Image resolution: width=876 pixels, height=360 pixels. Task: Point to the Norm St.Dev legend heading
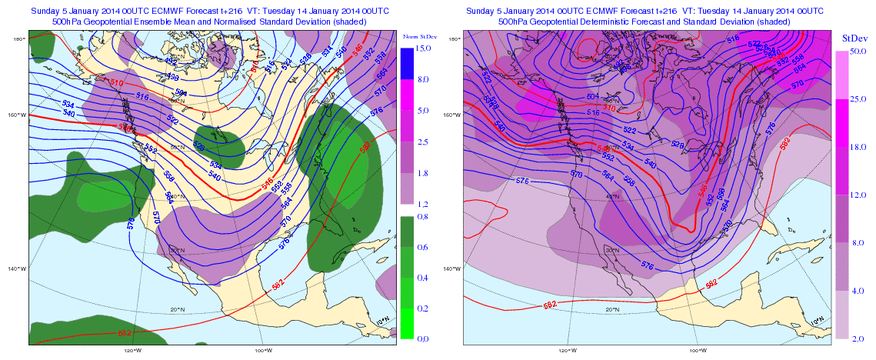pos(418,35)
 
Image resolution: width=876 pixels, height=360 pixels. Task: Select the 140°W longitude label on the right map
pos(451,268)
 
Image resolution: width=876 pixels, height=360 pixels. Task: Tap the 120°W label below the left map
pos(132,351)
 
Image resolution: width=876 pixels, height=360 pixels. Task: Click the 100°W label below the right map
pos(698,351)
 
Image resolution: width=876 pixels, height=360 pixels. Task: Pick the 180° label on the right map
pos(455,39)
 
